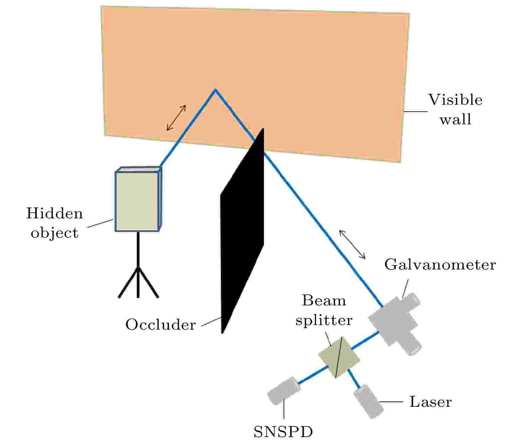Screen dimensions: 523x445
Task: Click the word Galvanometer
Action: coord(440,265)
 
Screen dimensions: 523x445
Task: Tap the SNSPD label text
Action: coord(283,432)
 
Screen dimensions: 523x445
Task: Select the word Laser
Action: coord(430,402)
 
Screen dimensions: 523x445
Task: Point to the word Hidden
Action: coord(55,213)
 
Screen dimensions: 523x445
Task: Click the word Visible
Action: coord(455,100)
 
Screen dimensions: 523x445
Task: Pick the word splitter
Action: coord(324,321)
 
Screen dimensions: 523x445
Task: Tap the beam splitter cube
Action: coord(339,357)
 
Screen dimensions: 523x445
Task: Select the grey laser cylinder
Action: coord(368,401)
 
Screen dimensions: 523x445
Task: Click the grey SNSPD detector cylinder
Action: coord(284,391)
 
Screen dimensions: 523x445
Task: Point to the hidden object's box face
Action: coord(137,201)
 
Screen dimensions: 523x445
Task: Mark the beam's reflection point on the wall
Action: coord(215,89)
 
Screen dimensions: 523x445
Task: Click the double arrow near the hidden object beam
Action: coord(176,118)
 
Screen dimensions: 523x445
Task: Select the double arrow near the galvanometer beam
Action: coord(352,244)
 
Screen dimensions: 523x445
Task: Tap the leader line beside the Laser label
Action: coord(392,402)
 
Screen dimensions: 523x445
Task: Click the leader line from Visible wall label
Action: coord(415,111)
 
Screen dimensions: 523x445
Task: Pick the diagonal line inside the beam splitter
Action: coord(339,357)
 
